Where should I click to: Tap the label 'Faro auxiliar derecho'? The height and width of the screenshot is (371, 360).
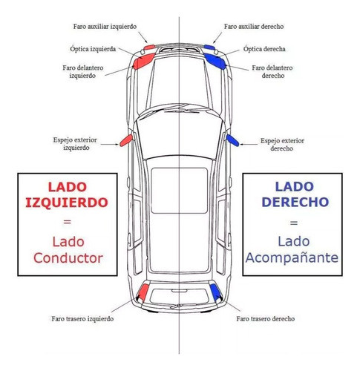coord(255,26)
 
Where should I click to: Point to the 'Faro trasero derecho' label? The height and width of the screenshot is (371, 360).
coord(265,318)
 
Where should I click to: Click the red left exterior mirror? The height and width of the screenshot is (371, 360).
coord(125,139)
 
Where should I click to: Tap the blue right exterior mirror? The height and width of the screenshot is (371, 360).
coord(232,139)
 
